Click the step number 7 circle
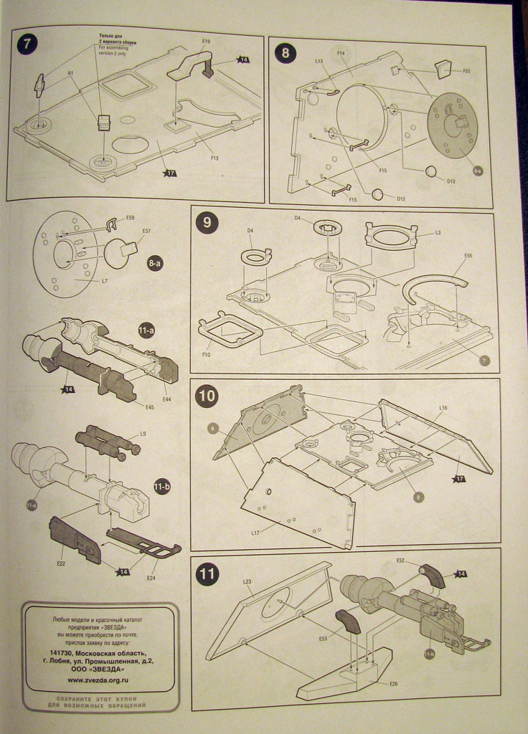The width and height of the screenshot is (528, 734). pos(27,42)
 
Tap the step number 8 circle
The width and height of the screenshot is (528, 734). pos(285,53)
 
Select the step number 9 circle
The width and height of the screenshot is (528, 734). pos(207,223)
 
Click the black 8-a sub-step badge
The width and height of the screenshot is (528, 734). pos(155,264)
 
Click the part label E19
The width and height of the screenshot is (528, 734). pos(206,42)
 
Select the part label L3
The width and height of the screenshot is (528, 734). pos(438,234)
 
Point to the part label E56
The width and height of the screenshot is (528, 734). pos(468,255)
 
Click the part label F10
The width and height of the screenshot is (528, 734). pos(206,354)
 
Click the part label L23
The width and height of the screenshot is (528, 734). pos(246,581)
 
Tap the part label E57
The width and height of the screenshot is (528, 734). pos(146,232)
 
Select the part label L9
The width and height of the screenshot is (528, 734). pos(143,434)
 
